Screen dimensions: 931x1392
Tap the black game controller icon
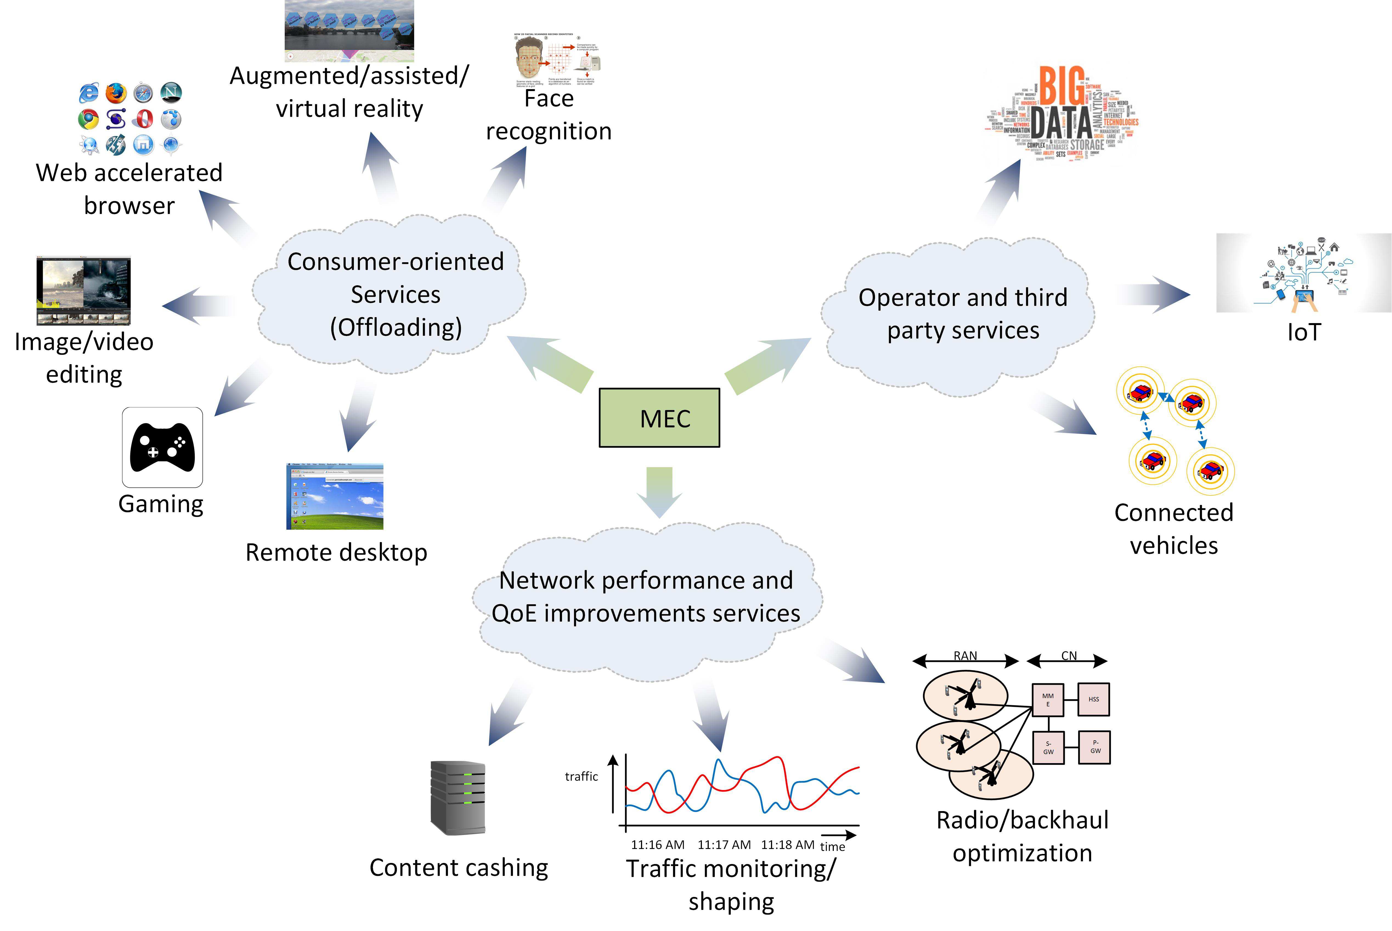click(x=162, y=447)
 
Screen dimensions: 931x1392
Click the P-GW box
click(x=1095, y=747)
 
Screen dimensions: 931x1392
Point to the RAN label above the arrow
click(x=965, y=656)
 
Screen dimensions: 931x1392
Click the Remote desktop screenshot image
click(x=335, y=496)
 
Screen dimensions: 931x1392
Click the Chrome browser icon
click(x=88, y=119)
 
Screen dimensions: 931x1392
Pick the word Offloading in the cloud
click(x=396, y=327)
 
